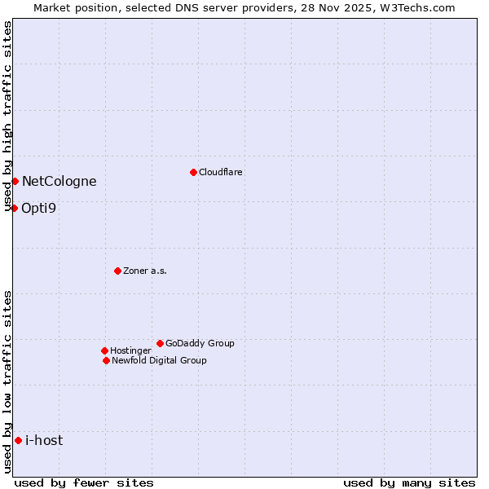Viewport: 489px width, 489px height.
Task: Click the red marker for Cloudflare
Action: coord(193,172)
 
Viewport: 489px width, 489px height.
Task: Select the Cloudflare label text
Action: coord(221,172)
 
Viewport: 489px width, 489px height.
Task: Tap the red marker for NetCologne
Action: coord(15,181)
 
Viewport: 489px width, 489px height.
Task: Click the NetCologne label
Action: coord(59,182)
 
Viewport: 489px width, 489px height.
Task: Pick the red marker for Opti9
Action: coord(14,208)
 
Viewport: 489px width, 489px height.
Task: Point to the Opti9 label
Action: coord(38,208)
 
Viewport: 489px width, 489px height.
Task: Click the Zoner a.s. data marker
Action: coord(117,271)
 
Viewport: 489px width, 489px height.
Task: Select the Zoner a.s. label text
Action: coord(145,271)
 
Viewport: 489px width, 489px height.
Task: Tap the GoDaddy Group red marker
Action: coord(160,343)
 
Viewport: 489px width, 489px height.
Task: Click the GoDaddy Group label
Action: coord(200,343)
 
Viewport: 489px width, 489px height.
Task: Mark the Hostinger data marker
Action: coord(104,350)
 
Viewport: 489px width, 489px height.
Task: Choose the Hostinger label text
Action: coord(130,350)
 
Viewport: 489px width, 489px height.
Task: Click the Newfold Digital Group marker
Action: coord(106,360)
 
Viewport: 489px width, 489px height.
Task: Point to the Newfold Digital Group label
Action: coord(159,360)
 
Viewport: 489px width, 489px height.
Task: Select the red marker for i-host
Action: coord(18,440)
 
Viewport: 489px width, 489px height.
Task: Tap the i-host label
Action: coord(44,441)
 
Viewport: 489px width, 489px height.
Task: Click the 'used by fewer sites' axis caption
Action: coord(84,482)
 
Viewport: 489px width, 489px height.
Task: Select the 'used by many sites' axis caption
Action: coord(409,482)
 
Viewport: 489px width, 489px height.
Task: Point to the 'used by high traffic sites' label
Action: coord(7,116)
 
